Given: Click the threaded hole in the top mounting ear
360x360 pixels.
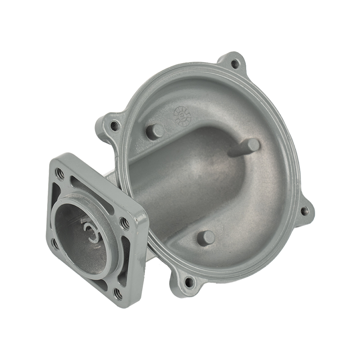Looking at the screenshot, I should click(235, 63).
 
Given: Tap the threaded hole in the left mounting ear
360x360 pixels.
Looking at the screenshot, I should click(114, 126).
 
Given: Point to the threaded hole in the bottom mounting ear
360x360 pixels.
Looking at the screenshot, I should click(189, 283).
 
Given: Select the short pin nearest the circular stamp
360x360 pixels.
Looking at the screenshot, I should click(156, 130).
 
